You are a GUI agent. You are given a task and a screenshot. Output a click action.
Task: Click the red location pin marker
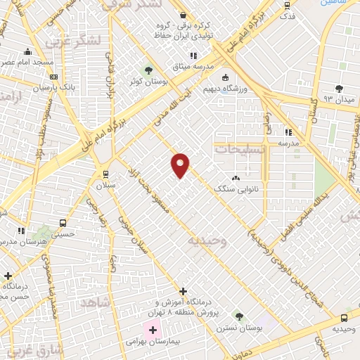click(180, 165)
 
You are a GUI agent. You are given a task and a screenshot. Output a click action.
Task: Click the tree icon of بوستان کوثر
click(148, 70)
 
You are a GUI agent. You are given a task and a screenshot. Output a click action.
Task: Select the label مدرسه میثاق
click(192, 67)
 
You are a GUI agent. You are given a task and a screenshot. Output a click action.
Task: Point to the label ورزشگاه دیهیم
click(225, 90)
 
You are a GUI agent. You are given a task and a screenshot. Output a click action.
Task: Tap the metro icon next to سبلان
click(105, 174)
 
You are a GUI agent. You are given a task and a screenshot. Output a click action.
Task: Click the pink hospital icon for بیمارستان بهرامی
click(153, 329)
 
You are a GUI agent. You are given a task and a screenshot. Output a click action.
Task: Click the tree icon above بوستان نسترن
click(238, 316)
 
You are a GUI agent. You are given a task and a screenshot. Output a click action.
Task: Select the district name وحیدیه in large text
click(207, 241)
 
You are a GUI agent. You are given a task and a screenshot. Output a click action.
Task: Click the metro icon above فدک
click(286, 4)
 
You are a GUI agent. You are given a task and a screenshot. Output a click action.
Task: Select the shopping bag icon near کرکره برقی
click(182, 15)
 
